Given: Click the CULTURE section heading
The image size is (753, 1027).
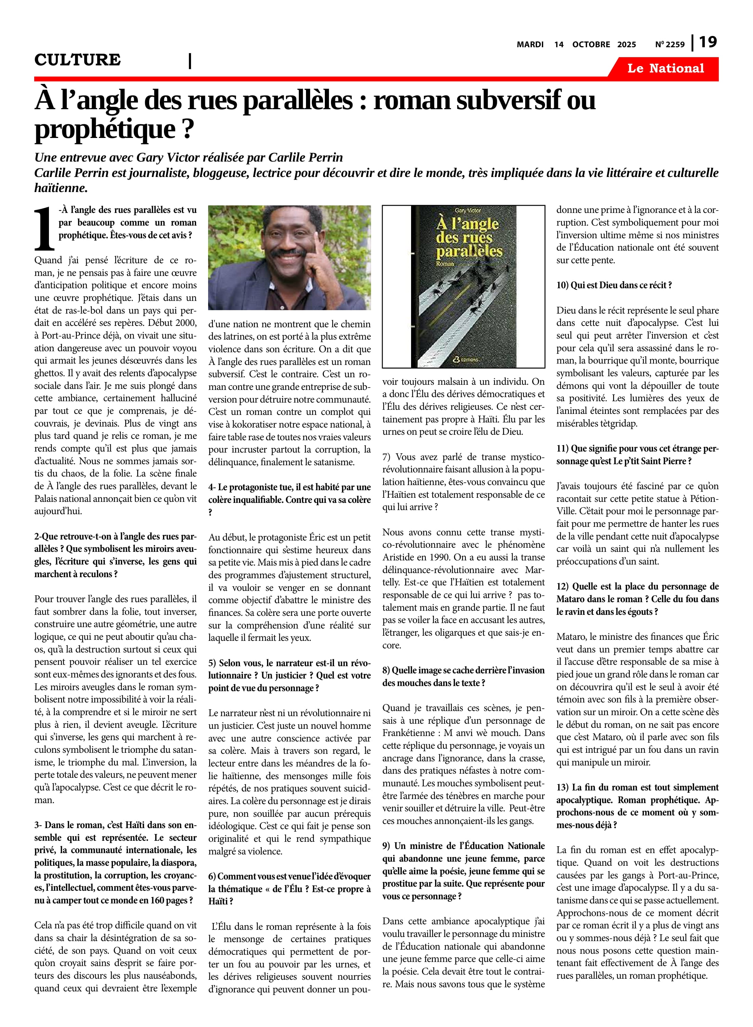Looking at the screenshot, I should pos(77,60).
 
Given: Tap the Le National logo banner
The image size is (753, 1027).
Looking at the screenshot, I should pos(665,68).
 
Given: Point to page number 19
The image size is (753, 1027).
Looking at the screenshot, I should pos(708,42).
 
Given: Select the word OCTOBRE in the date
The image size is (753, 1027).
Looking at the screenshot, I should pos(591,44).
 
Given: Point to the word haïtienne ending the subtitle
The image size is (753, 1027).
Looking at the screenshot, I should pos(60,188).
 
